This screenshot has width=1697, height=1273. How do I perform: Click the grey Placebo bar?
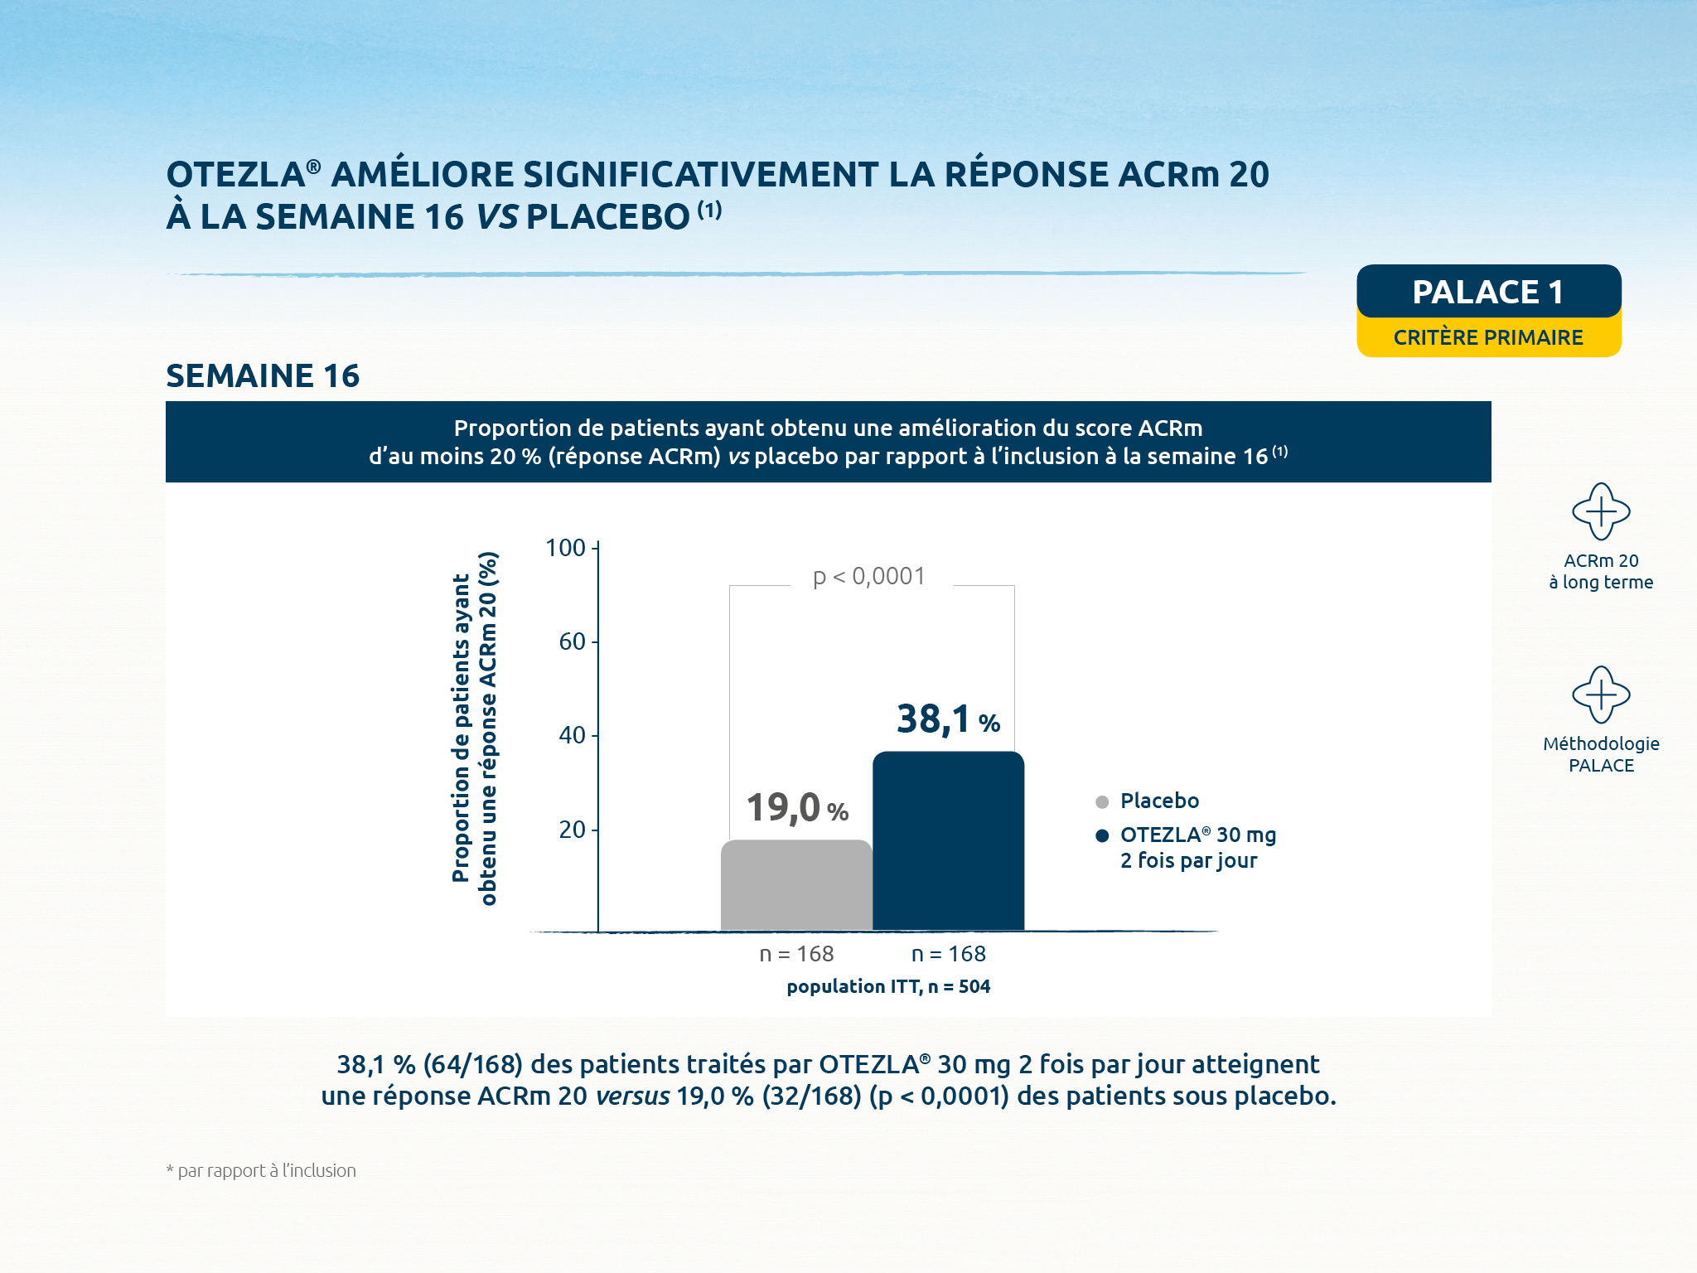tap(796, 885)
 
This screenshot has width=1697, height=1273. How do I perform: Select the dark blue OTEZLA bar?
tap(948, 840)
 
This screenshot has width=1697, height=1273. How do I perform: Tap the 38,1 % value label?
tap(948, 719)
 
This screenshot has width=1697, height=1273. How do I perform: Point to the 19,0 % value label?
tap(797, 807)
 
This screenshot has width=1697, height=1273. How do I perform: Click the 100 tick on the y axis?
tap(566, 548)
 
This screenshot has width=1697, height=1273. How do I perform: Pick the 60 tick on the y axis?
tap(573, 641)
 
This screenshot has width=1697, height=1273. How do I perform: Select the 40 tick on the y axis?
tap(573, 735)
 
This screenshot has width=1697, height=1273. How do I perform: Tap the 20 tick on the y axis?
tap(573, 830)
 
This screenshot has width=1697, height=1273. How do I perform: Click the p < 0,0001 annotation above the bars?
tap(869, 576)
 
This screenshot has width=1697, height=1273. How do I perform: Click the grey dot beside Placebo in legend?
tap(1102, 801)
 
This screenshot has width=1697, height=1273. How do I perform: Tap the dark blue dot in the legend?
tap(1102, 835)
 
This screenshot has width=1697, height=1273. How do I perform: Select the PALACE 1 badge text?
tap(1488, 292)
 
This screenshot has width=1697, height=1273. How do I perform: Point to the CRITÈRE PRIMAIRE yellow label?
tap(1488, 337)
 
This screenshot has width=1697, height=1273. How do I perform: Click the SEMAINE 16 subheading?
tap(263, 375)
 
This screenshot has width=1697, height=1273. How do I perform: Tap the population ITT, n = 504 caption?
tap(888, 986)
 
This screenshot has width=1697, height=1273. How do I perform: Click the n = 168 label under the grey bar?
tap(796, 954)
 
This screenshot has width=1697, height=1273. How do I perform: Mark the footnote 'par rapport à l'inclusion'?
tap(261, 1170)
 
